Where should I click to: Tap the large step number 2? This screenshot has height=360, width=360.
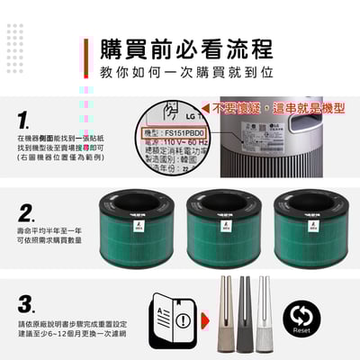pyautogui.click(x=27, y=214)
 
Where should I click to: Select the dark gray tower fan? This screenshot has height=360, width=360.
pyautogui.click(x=243, y=316)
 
